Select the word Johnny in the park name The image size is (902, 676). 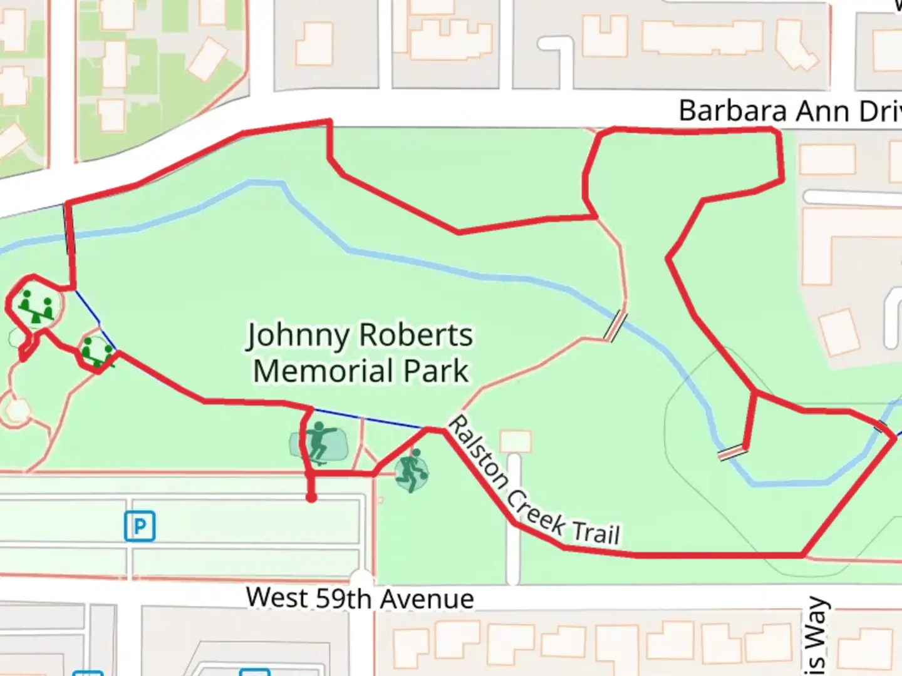pos(298,336)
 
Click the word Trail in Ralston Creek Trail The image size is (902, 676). pos(596,533)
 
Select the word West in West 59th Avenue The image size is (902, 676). pos(277,598)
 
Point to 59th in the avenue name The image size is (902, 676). pos(343,599)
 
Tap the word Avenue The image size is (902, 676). pos(427,600)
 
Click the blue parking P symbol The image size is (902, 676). pos(140,526)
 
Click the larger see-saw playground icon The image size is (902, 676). pos(37,306)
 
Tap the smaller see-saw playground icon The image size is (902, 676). pos(97,352)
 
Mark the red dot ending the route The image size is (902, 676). pos(311,498)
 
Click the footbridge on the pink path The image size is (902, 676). pos(615,326)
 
